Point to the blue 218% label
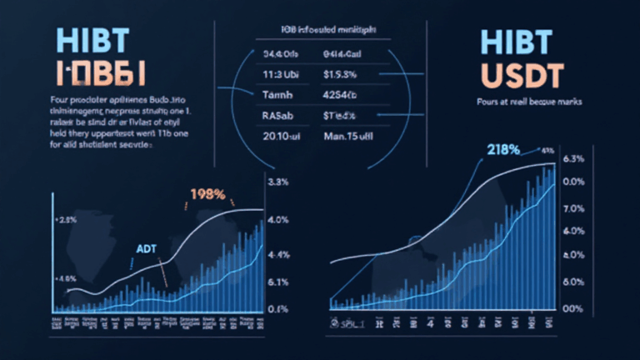coord(499,151)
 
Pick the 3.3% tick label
coord(277,182)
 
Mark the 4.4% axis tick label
coord(277,255)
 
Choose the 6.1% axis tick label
coord(277,282)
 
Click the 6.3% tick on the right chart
coord(576,159)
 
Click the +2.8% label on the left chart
coord(66,221)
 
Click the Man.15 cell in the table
coord(346,136)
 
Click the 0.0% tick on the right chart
coord(576,182)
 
